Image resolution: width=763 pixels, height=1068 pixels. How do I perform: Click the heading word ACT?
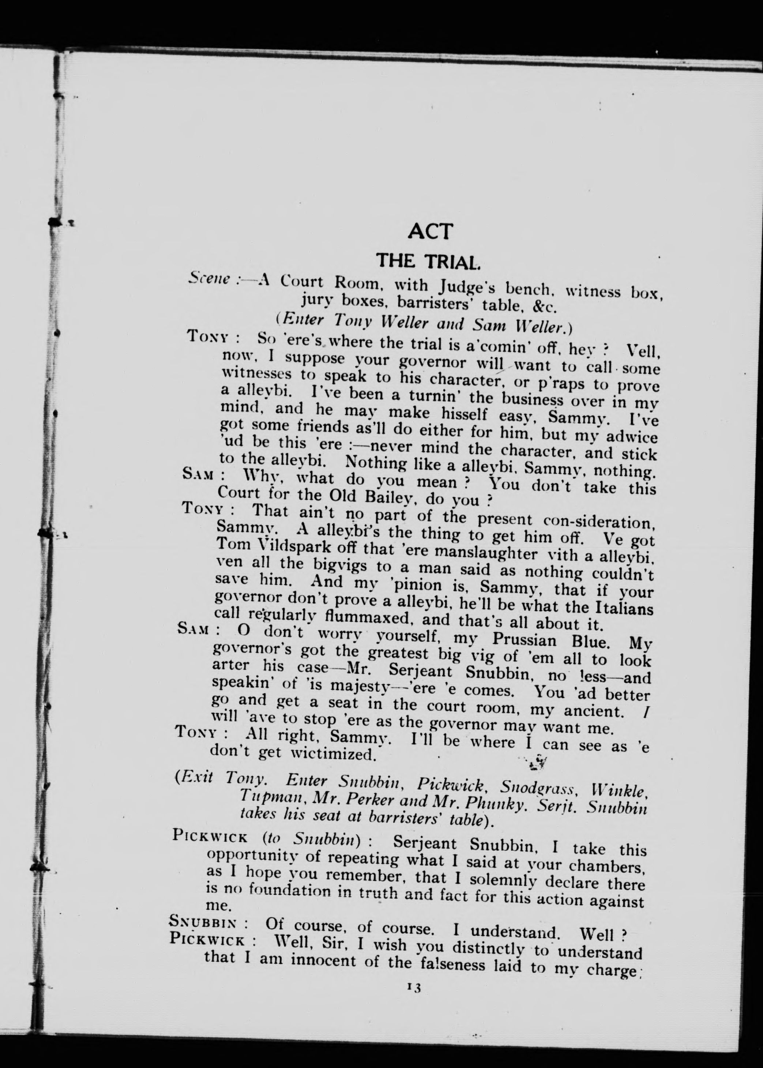tap(431, 231)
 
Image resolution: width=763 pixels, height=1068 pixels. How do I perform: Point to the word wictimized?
tap(332, 754)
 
